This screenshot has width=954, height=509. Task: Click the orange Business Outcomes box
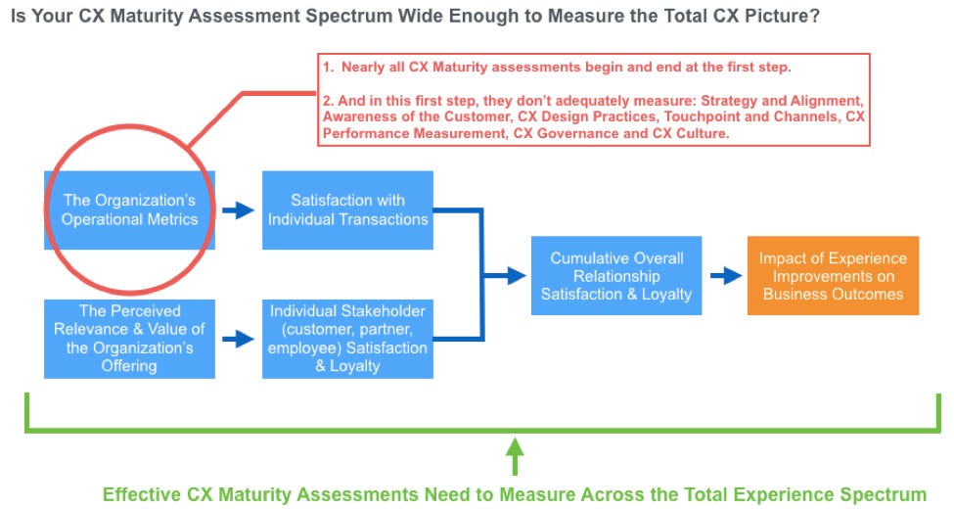click(x=833, y=276)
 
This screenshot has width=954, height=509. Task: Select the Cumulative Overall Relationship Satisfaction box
click(x=616, y=276)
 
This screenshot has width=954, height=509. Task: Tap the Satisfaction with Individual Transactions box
click(x=347, y=210)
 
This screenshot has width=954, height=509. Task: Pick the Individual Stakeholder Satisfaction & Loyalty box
click(x=347, y=339)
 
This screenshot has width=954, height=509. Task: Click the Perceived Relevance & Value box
click(x=129, y=339)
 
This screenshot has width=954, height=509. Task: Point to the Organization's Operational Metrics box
click(x=129, y=210)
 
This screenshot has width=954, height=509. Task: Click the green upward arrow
click(x=515, y=456)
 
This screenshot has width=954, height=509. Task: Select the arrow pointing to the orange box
click(x=726, y=276)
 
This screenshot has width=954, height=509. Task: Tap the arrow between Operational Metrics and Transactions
click(x=238, y=210)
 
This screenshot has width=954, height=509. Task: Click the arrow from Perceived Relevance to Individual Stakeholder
click(x=238, y=339)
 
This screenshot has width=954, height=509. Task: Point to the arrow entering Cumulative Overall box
click(x=505, y=276)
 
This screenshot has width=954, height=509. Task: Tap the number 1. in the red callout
click(x=329, y=67)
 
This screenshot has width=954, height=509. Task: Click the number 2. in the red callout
click(x=329, y=101)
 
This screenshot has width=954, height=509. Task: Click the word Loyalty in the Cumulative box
click(x=666, y=295)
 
